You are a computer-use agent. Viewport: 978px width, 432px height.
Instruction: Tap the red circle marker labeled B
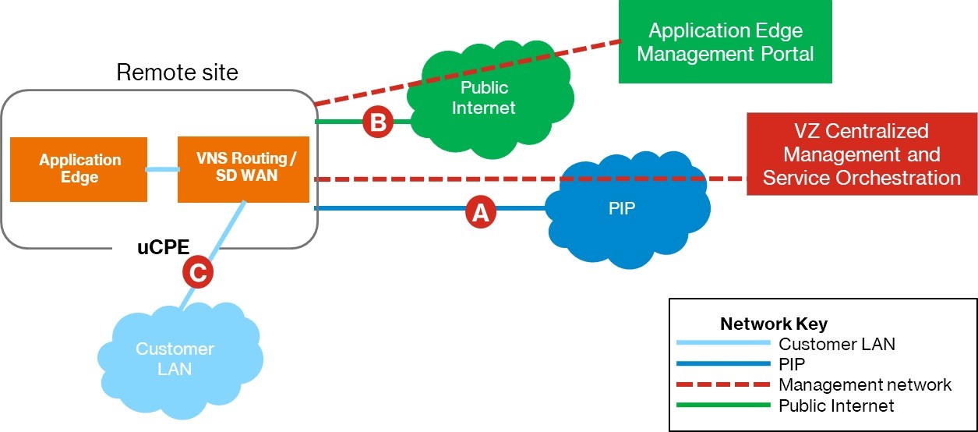click(x=378, y=123)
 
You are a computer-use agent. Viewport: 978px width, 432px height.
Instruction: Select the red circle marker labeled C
click(x=198, y=272)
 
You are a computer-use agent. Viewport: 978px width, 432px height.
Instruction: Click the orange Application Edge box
click(x=79, y=168)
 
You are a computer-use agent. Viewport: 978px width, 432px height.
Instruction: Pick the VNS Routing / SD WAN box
click(x=243, y=168)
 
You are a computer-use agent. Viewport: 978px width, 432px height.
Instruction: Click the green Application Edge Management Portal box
click(x=726, y=42)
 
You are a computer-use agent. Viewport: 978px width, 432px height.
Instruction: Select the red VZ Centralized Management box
click(x=861, y=154)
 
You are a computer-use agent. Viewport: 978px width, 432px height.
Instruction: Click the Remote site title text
click(x=177, y=73)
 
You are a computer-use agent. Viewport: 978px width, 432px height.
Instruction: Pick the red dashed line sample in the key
click(x=722, y=384)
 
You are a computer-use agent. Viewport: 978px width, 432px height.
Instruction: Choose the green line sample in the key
click(x=722, y=405)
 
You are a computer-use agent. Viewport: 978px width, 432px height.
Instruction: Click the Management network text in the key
click(x=864, y=384)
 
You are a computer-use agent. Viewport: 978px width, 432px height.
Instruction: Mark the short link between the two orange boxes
click(x=162, y=168)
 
